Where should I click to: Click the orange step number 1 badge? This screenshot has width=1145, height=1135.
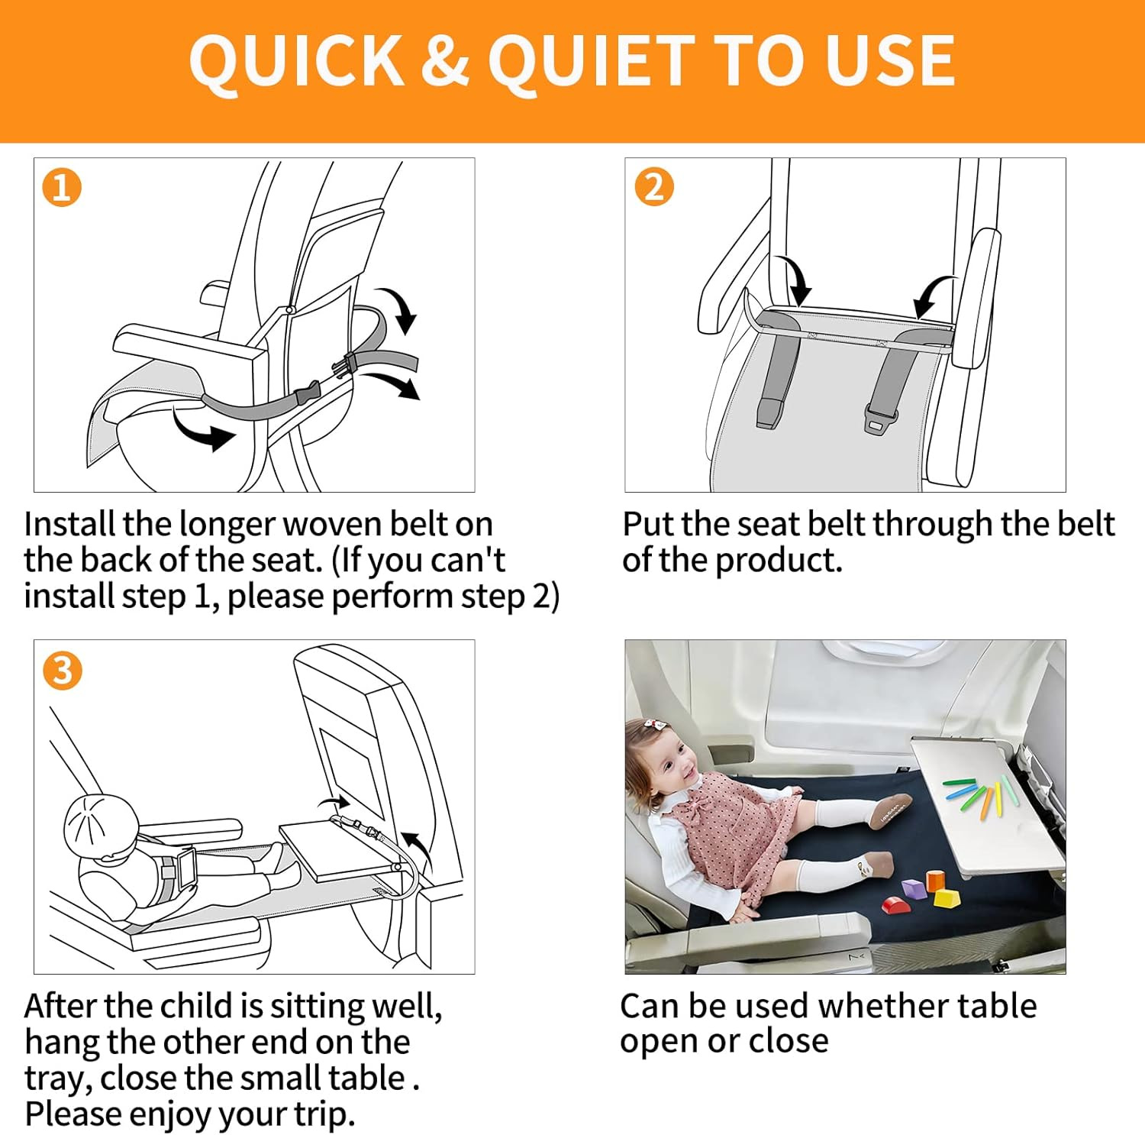[62, 188]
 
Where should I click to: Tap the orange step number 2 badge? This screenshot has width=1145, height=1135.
[654, 186]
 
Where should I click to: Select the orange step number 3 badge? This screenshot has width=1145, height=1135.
[62, 671]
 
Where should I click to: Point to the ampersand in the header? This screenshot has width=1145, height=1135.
[444, 60]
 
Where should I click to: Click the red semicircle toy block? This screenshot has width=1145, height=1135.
[895, 905]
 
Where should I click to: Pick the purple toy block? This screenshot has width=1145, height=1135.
[913, 888]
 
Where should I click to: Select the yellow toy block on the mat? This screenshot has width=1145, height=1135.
[947, 897]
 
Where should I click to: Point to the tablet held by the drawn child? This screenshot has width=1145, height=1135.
[186, 866]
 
